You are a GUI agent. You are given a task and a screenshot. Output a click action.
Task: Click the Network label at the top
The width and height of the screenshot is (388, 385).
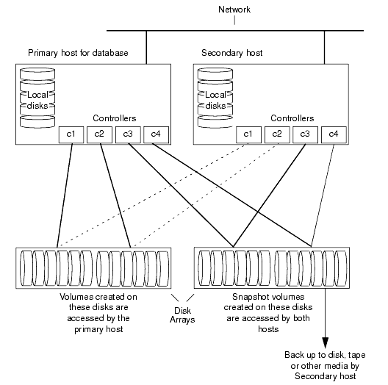(x=235, y=10)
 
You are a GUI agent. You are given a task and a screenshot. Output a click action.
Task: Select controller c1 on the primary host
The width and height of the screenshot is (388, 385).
(x=71, y=134)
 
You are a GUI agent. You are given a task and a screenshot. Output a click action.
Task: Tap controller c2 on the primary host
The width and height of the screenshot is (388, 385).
(x=99, y=134)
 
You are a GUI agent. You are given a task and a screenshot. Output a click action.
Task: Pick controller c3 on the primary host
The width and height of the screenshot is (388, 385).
(x=127, y=134)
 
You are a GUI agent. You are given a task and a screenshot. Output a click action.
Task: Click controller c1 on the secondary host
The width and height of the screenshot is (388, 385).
(x=249, y=134)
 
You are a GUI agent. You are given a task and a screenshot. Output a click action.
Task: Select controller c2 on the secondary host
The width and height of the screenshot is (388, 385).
(x=277, y=134)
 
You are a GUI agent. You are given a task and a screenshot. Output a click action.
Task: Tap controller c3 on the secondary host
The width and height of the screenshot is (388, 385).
(x=305, y=134)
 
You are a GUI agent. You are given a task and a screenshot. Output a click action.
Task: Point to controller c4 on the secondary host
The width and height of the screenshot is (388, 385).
(x=333, y=134)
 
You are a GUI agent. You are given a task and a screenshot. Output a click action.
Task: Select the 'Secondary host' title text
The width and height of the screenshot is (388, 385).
(x=231, y=53)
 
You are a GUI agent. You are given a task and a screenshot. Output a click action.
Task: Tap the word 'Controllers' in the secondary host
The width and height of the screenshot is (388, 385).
(x=292, y=118)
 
